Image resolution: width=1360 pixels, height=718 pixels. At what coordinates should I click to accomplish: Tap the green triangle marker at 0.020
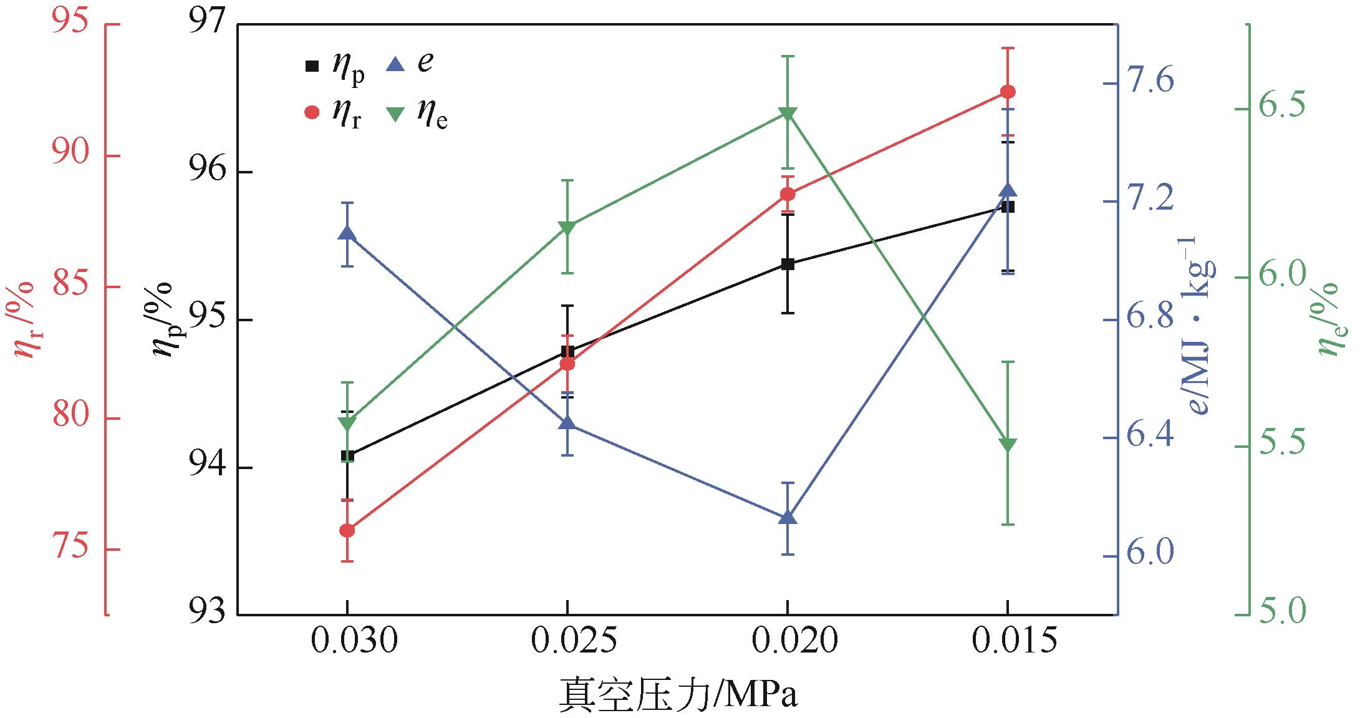point(788,114)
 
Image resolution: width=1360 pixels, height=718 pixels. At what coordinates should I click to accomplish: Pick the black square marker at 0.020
point(788,264)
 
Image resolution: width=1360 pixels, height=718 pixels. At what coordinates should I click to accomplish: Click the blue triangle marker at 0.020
point(788,518)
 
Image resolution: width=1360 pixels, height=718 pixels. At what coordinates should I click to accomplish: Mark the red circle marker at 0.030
point(347,530)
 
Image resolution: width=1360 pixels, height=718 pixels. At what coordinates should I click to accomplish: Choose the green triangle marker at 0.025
point(567,227)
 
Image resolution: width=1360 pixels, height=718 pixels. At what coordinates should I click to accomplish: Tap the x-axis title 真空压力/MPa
point(678,694)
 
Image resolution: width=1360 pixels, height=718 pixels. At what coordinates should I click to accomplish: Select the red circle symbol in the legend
point(312,112)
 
